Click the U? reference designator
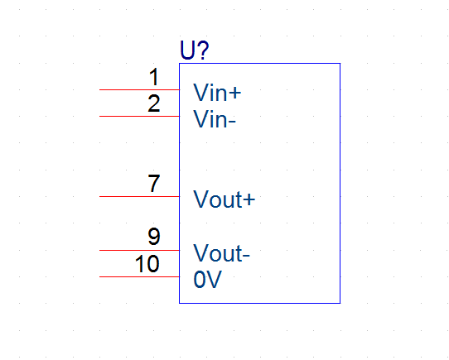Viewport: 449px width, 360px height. [195, 50]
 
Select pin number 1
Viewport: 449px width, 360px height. [154, 77]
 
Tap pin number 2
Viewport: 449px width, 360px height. [154, 103]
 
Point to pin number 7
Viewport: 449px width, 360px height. [154, 184]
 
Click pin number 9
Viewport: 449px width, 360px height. [154, 237]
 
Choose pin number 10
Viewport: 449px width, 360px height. [147, 263]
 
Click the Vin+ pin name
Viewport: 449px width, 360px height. [217, 92]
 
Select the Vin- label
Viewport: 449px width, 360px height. [215, 119]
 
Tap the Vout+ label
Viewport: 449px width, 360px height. [224, 199]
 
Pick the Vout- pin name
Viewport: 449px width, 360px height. [222, 253]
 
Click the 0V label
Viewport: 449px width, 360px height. [207, 279]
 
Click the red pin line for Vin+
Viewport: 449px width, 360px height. [139, 90]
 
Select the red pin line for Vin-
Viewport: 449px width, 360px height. [139, 117]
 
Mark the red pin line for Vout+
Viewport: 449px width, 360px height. [139, 197]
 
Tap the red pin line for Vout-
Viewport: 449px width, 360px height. [139, 251]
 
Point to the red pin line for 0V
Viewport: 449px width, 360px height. [139, 277]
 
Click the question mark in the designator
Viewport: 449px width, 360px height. [203, 50]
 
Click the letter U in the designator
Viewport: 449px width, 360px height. [187, 50]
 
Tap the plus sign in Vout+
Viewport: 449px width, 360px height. [249, 199]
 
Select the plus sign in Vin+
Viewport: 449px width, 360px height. [235, 93]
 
